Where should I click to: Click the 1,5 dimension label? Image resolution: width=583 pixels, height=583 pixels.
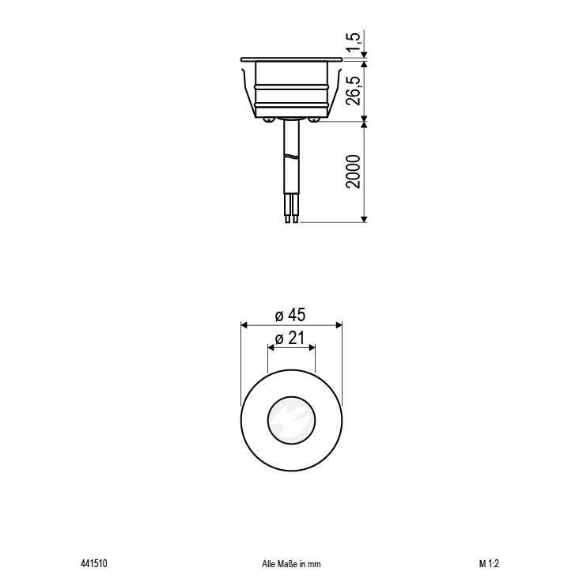pyautogui.click(x=355, y=43)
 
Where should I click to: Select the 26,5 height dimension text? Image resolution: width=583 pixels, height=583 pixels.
pyautogui.click(x=354, y=92)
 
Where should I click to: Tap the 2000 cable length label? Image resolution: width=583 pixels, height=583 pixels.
pyautogui.click(x=354, y=172)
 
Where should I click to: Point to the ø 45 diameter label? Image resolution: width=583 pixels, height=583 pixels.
pyautogui.click(x=290, y=315)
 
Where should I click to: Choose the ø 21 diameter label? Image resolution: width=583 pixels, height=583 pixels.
pyautogui.click(x=290, y=339)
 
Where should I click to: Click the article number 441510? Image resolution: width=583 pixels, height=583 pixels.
pyautogui.click(x=93, y=564)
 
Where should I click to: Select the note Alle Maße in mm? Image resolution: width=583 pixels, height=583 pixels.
pyautogui.click(x=291, y=564)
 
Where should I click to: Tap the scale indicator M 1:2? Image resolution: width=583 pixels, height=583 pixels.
pyautogui.click(x=489, y=564)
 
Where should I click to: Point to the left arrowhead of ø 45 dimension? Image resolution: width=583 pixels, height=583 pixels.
pyautogui.click(x=244, y=325)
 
